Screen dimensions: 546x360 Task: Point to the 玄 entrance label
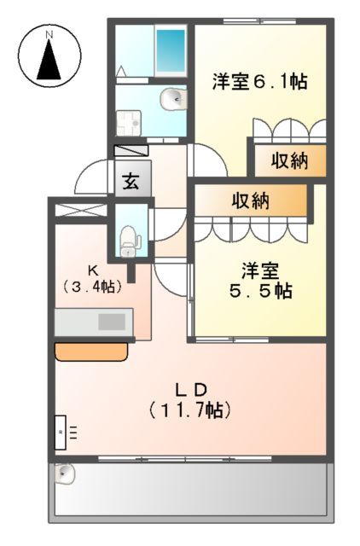tap(132, 181)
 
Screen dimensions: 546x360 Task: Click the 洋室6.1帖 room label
tap(258, 82)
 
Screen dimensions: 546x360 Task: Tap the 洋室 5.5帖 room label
tap(260, 282)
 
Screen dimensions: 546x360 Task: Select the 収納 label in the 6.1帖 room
tap(289, 160)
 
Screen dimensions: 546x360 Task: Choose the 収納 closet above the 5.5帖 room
tap(250, 201)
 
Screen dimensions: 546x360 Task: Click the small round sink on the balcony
tap(66, 472)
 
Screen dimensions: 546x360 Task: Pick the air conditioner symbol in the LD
tap(61, 433)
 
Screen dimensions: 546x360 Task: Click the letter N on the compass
tap(49, 33)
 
